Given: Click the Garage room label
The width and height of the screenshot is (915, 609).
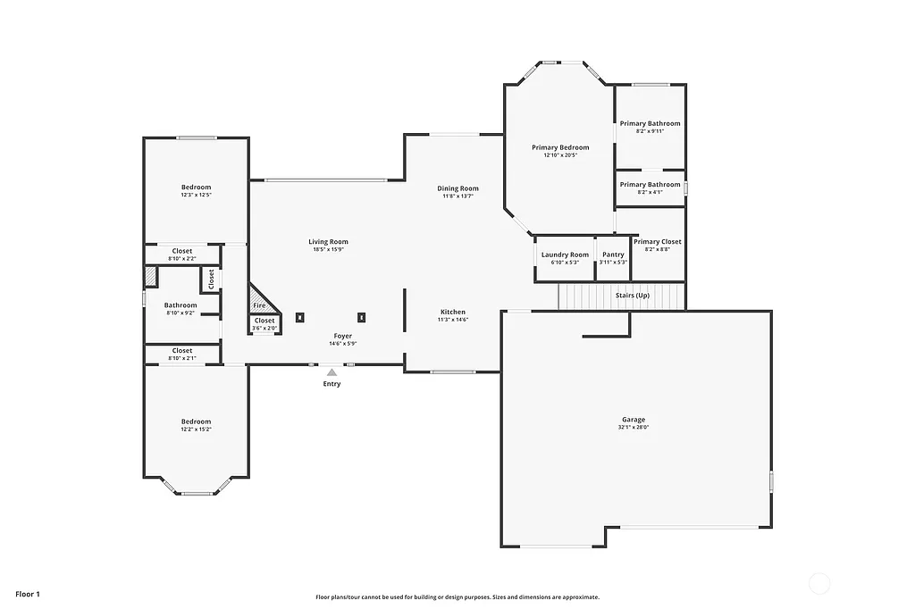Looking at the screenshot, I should pyautogui.click(x=634, y=420).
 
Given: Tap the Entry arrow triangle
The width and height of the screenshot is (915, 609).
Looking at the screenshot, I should pyautogui.click(x=332, y=372).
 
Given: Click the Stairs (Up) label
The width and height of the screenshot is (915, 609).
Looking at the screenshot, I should pyautogui.click(x=633, y=295).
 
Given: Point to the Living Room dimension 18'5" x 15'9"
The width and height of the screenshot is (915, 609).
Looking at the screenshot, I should pyautogui.click(x=328, y=250).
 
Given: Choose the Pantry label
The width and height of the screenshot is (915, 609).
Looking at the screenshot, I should pyautogui.click(x=613, y=254).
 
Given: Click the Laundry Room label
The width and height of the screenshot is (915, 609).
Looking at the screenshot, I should pyautogui.click(x=565, y=254).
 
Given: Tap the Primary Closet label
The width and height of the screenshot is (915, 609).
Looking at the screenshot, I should pyautogui.click(x=658, y=241).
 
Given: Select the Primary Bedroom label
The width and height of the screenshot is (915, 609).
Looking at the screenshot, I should pyautogui.click(x=560, y=147).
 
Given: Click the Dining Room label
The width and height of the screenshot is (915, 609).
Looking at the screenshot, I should pyautogui.click(x=457, y=188).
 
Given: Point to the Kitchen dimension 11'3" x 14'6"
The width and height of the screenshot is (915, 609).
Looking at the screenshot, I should pyautogui.click(x=453, y=320).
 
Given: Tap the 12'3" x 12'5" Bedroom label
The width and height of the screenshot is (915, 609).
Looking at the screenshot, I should pyautogui.click(x=196, y=187).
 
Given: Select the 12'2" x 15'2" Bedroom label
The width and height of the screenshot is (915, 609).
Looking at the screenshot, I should pyautogui.click(x=196, y=421).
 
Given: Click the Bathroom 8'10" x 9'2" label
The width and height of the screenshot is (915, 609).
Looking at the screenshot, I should pyautogui.click(x=180, y=305).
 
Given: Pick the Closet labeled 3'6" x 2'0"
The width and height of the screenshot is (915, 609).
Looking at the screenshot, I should pyautogui.click(x=264, y=321).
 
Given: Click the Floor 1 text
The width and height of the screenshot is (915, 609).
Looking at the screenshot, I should pyautogui.click(x=28, y=594).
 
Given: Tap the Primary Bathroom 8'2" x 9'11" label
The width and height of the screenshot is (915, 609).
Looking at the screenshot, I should pyautogui.click(x=650, y=123).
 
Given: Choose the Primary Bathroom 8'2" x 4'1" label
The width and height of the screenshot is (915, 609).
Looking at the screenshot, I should pyautogui.click(x=650, y=185).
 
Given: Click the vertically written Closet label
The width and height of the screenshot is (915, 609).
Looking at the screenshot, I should pyautogui.click(x=212, y=279).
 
